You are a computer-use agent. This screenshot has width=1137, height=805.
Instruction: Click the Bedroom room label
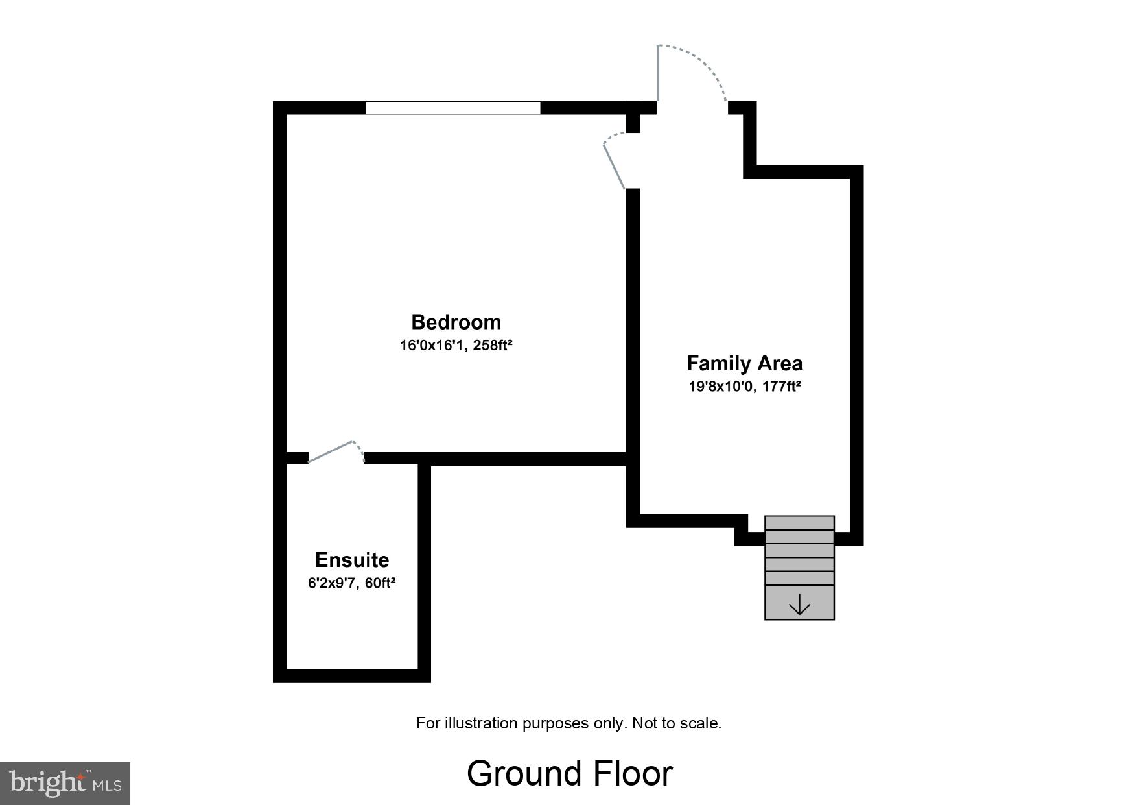pos(456,322)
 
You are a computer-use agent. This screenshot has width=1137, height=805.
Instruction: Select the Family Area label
pos(744,363)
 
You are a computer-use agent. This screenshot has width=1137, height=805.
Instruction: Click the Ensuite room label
pos(352,560)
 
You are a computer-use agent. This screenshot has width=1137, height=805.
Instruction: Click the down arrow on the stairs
pos(799,605)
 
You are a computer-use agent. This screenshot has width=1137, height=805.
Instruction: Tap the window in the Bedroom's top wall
pos(452,108)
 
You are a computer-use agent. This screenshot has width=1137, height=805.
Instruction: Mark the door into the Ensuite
pos(334,451)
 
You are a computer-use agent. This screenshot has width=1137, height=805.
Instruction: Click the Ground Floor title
pos(569,773)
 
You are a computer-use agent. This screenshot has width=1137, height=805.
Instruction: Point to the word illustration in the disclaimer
pos(482,723)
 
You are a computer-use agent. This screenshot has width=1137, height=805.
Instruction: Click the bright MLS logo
pos(65,783)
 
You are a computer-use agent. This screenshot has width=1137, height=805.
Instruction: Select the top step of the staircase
pos(799,523)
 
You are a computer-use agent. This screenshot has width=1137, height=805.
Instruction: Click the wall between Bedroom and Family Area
pos(633,324)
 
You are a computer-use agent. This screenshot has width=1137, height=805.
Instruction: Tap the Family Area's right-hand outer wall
pos(856,357)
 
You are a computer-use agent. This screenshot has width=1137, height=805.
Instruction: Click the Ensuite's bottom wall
pos(351,675)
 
